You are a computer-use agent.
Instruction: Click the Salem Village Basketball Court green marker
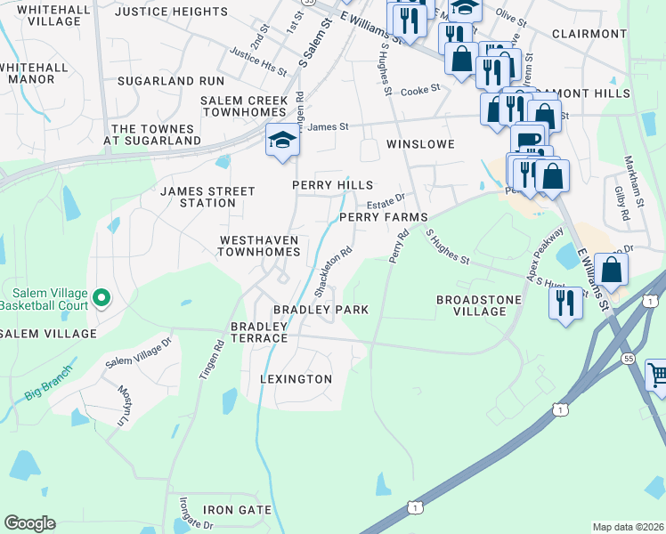[x=102, y=298]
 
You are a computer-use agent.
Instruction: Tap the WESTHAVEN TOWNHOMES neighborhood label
[x=260, y=247]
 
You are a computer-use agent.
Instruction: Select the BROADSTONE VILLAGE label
[x=478, y=306]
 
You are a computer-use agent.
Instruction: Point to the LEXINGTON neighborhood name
[x=296, y=379]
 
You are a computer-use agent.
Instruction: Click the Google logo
[x=29, y=523]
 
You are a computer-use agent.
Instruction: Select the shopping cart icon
[x=656, y=374]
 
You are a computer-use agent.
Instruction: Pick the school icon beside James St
[x=282, y=141]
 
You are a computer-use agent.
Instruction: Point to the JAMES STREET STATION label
[x=207, y=197]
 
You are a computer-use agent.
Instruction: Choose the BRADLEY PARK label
[x=321, y=310]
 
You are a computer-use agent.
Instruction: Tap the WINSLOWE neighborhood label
[x=420, y=143]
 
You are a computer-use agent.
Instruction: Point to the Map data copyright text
[x=629, y=527]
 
